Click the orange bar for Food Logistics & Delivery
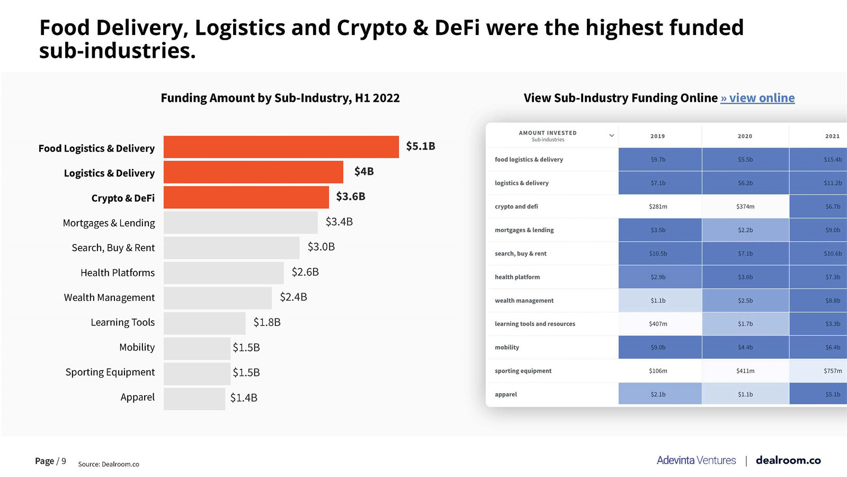tap(281, 147)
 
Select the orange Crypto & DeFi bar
tap(246, 197)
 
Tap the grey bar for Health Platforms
tap(223, 273)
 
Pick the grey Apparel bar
tap(194, 399)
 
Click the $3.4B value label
tap(339, 222)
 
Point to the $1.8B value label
tap(267, 322)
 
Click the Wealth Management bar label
tap(109, 297)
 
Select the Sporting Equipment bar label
tap(110, 372)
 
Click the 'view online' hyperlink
tap(757, 98)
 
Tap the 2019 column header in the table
tap(657, 136)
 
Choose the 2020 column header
tap(745, 136)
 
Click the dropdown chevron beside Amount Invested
tap(611, 136)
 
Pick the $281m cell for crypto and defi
tap(658, 207)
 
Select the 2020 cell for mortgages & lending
tap(745, 230)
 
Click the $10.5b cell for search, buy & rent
tap(658, 253)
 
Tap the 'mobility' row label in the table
tap(507, 348)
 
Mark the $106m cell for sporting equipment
tap(658, 371)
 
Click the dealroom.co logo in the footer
tap(788, 460)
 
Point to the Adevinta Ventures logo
tap(696, 460)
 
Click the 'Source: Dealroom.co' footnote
tap(109, 464)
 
